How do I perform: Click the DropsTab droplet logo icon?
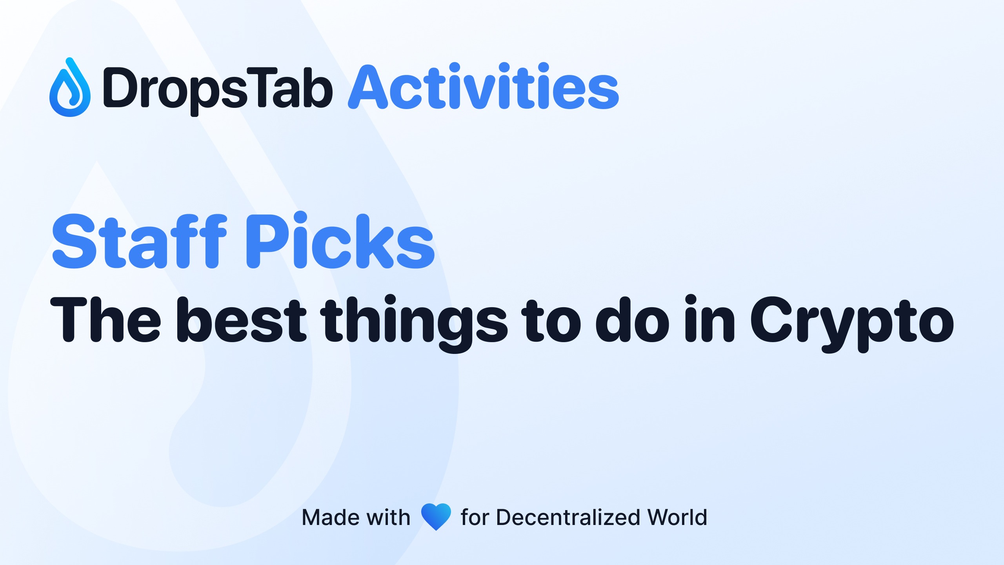tap(70, 87)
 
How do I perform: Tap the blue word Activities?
tap(484, 86)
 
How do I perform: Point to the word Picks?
tap(340, 240)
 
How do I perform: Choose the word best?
tap(242, 319)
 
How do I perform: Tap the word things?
tap(414, 324)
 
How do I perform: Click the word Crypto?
tap(852, 324)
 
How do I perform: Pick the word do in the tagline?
tap(632, 319)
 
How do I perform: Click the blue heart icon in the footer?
tap(436, 517)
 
